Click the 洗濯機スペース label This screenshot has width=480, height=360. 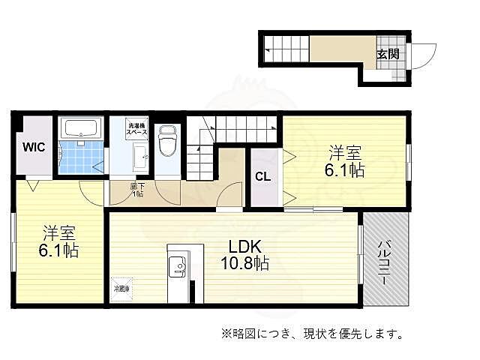click(136, 129)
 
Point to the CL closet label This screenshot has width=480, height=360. click(262, 178)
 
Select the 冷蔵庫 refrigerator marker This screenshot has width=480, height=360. click(121, 288)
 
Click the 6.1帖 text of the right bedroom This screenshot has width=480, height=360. click(344, 171)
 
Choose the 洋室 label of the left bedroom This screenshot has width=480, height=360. click(59, 231)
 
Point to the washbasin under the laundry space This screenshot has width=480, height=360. click(140, 157)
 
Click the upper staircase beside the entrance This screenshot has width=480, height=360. click(286, 52)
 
